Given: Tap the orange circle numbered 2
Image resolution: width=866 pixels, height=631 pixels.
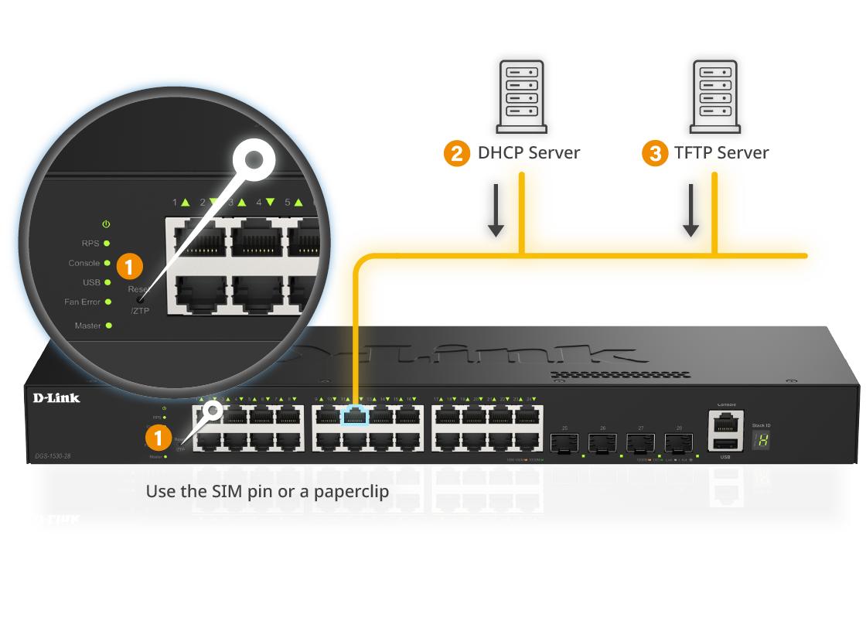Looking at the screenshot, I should point(456,153).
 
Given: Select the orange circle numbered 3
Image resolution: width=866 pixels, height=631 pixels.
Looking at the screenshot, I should point(655,153).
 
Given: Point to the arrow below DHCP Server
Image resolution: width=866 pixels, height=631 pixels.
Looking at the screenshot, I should point(496,206).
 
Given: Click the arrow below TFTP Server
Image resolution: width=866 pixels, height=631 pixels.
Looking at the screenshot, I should point(690,206).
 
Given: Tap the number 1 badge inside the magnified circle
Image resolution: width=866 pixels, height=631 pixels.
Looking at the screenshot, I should point(129,267).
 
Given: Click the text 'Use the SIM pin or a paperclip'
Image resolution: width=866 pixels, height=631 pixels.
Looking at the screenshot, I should point(268,491).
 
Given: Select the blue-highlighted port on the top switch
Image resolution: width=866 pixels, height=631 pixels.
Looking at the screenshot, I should point(355,415).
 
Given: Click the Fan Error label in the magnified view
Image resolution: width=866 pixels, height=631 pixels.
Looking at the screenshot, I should point(82,302).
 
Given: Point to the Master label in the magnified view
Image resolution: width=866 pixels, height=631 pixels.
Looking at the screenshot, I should point(87,326).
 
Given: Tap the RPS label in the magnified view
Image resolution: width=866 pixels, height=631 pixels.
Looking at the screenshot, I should point(90,244).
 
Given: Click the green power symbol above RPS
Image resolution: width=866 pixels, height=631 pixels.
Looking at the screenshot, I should point(106,224).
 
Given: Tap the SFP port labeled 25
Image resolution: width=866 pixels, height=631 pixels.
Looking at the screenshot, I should point(564,443).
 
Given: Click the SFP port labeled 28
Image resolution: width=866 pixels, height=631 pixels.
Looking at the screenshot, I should point(678,443).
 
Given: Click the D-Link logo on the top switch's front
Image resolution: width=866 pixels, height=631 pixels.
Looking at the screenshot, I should point(56,398).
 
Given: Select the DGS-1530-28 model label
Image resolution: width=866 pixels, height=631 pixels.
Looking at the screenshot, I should point(52,457).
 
